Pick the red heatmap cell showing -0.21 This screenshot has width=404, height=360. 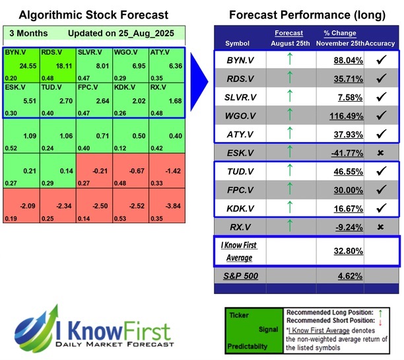click(94, 170)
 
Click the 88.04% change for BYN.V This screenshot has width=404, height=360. click(339, 61)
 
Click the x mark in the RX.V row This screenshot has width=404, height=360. click(380, 227)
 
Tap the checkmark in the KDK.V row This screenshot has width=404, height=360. click(380, 209)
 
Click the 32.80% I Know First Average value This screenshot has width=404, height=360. click(339, 251)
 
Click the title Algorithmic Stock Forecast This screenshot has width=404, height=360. click(94, 15)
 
